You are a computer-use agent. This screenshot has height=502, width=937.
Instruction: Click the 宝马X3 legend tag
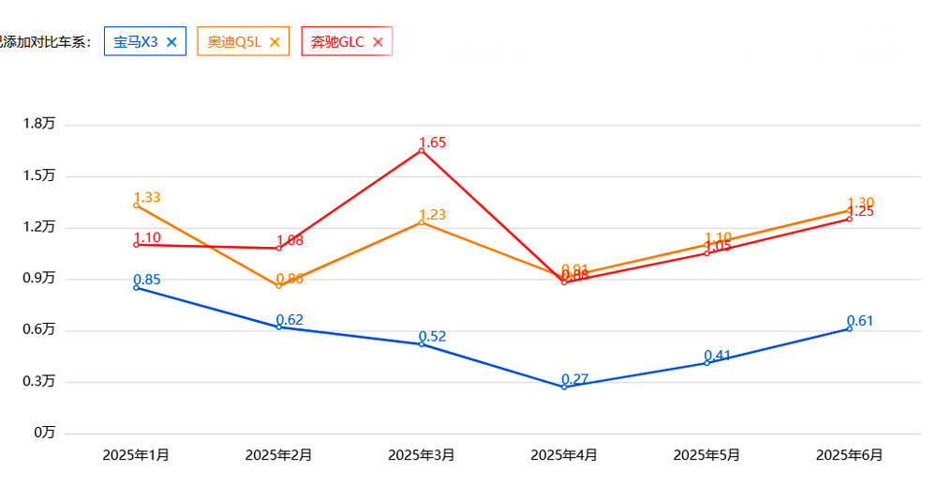point(136,41)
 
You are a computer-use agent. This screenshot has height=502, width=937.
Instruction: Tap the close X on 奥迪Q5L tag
point(275,41)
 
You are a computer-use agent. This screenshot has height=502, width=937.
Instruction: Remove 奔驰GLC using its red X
point(378,41)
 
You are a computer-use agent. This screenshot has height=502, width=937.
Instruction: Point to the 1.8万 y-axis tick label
point(38,124)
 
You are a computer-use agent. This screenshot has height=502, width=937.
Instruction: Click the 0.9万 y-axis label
point(38,278)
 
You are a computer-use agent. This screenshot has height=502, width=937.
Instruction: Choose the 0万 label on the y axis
point(44,433)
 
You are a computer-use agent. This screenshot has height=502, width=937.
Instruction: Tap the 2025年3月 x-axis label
point(421,455)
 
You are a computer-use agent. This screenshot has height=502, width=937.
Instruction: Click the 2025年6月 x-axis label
point(849,455)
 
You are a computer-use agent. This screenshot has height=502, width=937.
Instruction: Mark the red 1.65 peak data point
point(422,150)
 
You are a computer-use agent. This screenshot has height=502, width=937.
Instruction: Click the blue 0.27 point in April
point(564,387)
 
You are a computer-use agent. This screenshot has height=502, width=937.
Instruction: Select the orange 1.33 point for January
point(136,205)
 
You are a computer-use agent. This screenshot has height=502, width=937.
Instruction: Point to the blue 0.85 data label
point(146,280)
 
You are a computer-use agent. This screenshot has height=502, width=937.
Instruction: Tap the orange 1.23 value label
point(432,215)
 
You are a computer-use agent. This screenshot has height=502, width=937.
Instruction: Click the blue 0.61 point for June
point(849,328)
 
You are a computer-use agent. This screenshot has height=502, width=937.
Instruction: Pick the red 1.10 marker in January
point(136,244)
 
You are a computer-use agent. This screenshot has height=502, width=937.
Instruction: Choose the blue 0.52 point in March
point(422,344)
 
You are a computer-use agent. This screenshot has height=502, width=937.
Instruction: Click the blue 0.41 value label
point(717,356)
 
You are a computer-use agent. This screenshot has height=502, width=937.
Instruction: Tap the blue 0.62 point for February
point(278,327)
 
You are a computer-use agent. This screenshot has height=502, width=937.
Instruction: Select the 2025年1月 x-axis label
point(136,455)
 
